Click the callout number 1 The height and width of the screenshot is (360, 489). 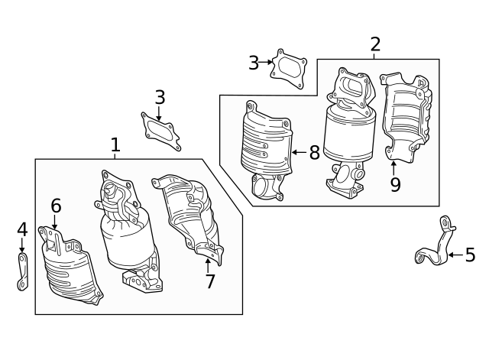pos(115,144)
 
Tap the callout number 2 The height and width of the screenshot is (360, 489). pos(374,44)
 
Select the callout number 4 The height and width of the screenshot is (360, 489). pos(22,229)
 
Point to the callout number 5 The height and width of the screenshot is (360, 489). pos(469,255)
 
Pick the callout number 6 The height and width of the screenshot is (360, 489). pos(56,206)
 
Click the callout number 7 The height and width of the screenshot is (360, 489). pos(209,281)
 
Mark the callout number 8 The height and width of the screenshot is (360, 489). pos(314,152)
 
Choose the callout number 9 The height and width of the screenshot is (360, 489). pos(394,184)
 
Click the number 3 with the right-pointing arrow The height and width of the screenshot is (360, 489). pos(254,63)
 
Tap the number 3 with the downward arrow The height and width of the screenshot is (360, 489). pos(159,97)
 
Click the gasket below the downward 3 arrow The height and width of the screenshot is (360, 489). pos(160,130)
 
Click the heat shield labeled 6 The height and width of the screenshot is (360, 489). pos(70,268)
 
